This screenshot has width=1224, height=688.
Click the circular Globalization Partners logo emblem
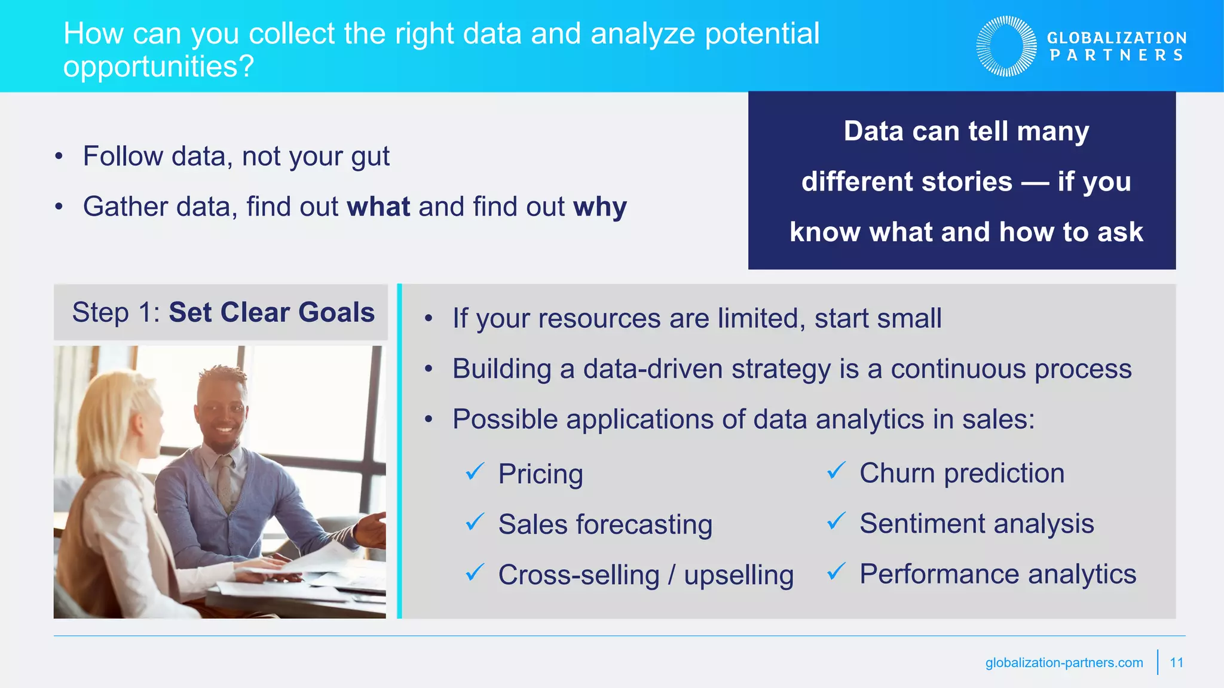1006,46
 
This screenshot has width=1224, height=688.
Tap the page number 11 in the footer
1176,662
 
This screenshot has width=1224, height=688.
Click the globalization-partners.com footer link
1064,663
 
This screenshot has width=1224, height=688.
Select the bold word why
599,207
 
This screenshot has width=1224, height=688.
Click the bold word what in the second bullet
378,207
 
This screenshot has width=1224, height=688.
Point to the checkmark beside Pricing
475,472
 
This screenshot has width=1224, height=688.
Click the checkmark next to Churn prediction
836,471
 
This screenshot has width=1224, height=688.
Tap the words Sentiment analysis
977,524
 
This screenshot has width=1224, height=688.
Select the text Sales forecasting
605,525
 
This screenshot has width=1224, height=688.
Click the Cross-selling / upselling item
645,575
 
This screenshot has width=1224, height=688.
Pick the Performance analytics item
997,575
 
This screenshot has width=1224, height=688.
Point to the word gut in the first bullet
370,157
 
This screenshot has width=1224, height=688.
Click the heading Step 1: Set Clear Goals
223,312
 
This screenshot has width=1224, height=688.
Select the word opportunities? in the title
158,66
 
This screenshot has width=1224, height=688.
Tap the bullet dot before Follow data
59,157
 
